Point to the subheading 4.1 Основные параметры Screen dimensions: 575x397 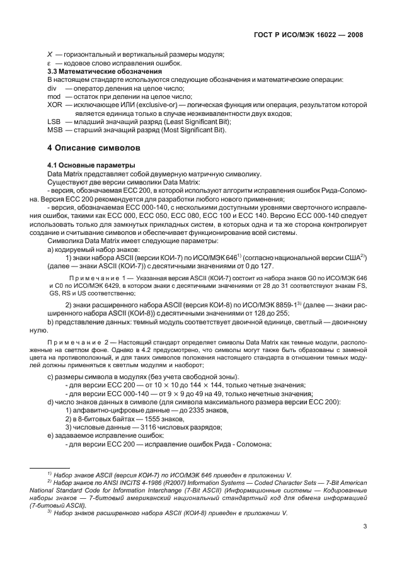[x=83, y=165]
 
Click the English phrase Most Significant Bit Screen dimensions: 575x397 [x=192, y=129]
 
